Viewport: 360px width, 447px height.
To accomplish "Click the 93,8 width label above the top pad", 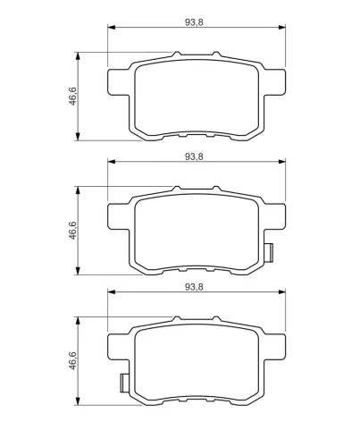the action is (194, 22).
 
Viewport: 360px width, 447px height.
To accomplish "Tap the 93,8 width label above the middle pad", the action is (194, 156).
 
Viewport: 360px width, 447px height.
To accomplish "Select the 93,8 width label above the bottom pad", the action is (194, 287).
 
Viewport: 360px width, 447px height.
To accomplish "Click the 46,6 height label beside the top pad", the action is (72, 97).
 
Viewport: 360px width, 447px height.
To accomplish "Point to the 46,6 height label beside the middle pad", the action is (72, 231).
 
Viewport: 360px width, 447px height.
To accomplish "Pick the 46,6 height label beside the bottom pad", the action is (72, 361).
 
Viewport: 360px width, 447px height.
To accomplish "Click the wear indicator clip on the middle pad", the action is (269, 252).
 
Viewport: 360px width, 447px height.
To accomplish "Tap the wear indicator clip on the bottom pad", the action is (124, 383).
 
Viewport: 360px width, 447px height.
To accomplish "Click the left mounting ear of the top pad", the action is (119, 82).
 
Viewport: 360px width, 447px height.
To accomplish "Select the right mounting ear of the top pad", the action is (274, 82).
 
